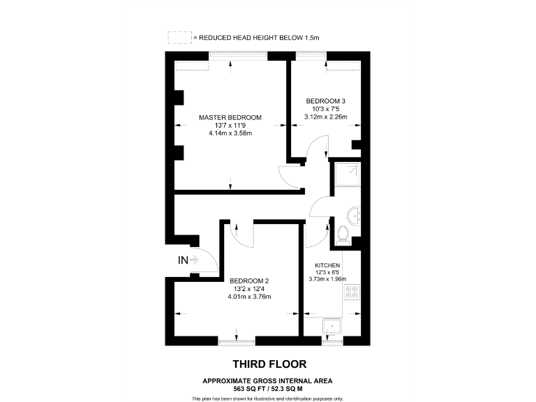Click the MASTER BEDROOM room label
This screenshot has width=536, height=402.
230,117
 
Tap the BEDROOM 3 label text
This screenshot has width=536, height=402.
325,101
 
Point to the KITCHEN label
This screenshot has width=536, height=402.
327,266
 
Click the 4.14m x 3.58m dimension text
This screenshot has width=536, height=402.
230,133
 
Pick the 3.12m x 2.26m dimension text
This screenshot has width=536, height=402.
325,117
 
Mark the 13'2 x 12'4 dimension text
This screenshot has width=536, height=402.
249,288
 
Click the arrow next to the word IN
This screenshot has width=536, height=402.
195,260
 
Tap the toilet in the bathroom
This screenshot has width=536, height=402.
343,235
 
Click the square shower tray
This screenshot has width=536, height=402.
347,177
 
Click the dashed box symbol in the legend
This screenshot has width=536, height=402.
179,37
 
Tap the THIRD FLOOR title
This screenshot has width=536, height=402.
269,364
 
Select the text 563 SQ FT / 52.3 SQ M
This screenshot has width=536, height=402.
268,388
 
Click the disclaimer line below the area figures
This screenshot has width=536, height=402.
268,398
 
